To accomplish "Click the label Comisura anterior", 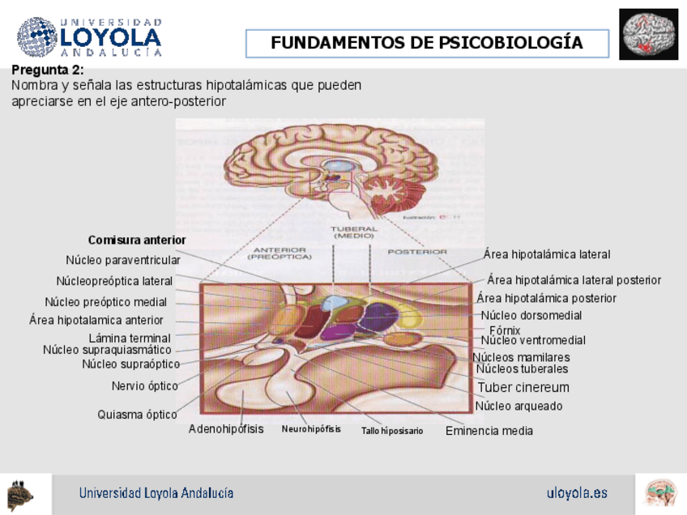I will (x=137, y=240).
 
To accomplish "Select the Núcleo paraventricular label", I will (x=122, y=260).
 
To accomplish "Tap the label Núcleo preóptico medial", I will (x=105, y=302).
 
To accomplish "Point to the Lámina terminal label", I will (x=130, y=338).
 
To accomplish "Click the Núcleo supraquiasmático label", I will (x=107, y=350).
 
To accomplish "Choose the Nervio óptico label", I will (x=145, y=385).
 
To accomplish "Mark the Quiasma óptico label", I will (x=137, y=415).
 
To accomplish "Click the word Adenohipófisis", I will (x=226, y=429).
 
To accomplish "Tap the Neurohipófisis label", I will (x=311, y=429).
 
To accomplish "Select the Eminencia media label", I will (x=489, y=431).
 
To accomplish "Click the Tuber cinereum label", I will (x=523, y=388).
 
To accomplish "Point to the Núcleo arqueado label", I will (x=518, y=406).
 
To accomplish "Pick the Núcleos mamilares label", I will (x=521, y=357).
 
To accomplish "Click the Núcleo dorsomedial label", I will (x=531, y=315).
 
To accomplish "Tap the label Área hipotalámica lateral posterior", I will (x=574, y=280).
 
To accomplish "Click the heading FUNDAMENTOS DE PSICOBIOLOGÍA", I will (x=427, y=44).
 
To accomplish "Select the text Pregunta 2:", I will (x=48, y=70).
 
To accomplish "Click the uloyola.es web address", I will (x=577, y=493).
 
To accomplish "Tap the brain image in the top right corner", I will (x=648, y=35).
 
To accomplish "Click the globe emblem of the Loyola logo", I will (x=37, y=36).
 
